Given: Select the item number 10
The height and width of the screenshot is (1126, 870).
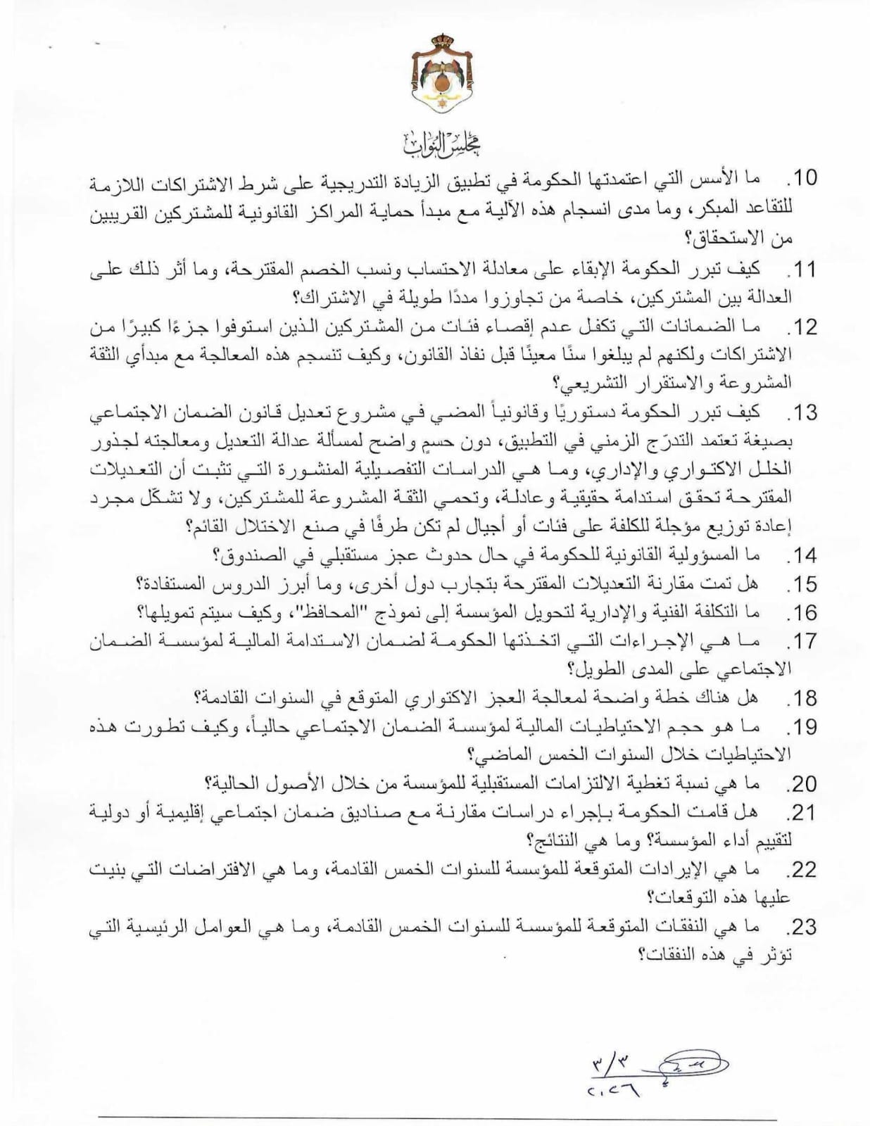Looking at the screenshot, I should pyautogui.click(x=800, y=177).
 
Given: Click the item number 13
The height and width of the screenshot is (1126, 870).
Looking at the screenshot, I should pyautogui.click(x=800, y=412).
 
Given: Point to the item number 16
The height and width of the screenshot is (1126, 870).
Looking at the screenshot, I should pyautogui.click(x=800, y=612).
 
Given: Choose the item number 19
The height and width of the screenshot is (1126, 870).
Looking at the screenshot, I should pyautogui.click(x=800, y=727).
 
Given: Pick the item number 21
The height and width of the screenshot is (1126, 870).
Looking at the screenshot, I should pyautogui.click(x=800, y=813).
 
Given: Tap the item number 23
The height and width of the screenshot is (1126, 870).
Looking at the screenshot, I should pyautogui.click(x=800, y=927).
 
